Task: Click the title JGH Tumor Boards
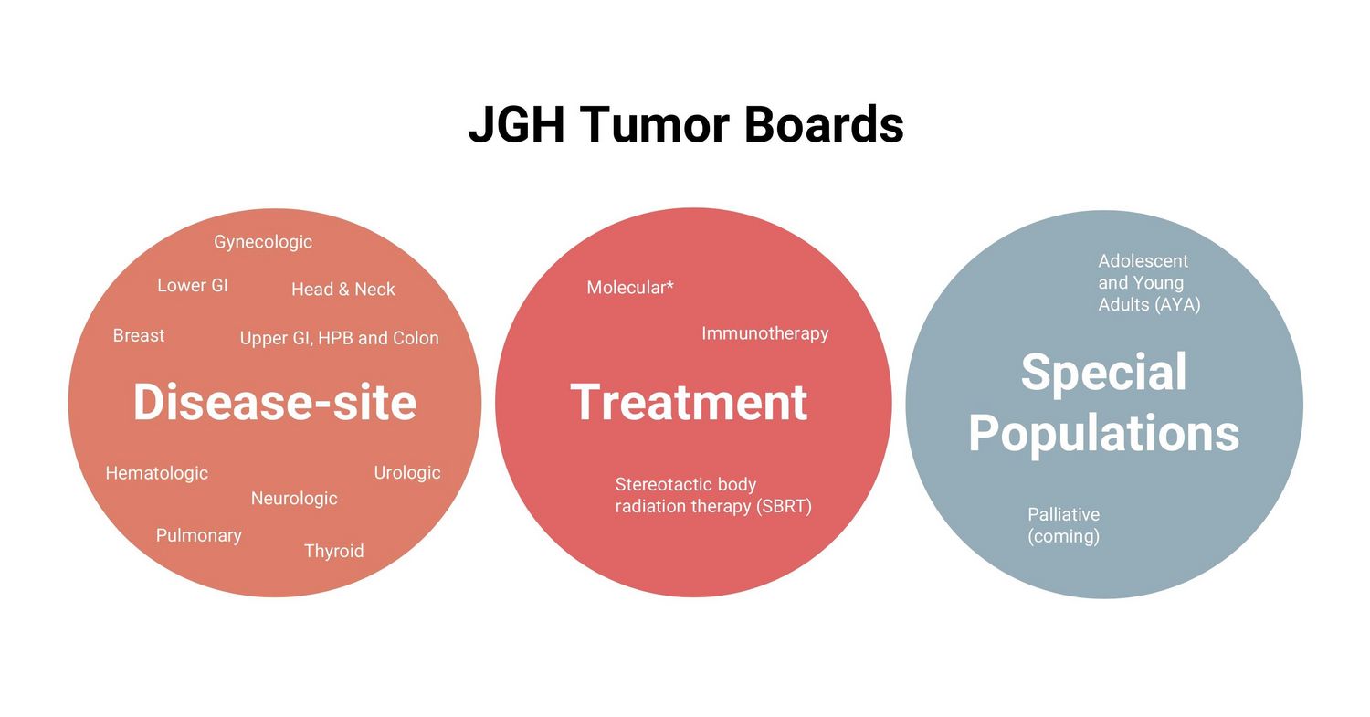[x=686, y=124]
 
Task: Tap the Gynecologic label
[x=263, y=242]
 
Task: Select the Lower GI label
[x=193, y=285]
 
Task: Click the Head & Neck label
[x=343, y=289]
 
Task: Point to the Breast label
[x=139, y=335]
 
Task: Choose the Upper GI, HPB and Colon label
[x=340, y=338]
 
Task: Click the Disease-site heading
[x=275, y=402]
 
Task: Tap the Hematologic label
[x=157, y=473]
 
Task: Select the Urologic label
[x=407, y=473]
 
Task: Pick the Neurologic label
[x=294, y=499]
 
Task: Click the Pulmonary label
[x=199, y=535]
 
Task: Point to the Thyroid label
[x=334, y=551]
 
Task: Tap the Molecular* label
[x=630, y=287]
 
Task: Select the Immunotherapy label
[x=765, y=333]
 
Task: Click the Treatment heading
[x=690, y=402]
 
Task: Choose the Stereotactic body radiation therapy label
[x=713, y=496]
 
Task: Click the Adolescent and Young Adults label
[x=1149, y=282]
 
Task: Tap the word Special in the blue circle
[x=1104, y=372]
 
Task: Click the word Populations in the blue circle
[x=1104, y=434]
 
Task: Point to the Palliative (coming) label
[x=1064, y=525]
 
